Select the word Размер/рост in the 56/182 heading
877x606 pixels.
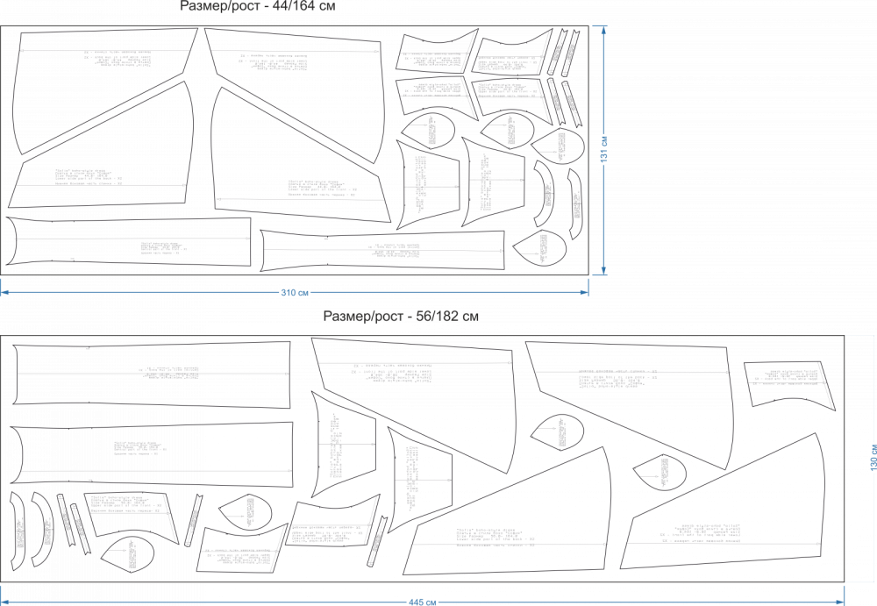click(x=361, y=315)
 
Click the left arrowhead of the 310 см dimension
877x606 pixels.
click(x=4, y=292)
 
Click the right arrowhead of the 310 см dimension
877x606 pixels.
click(x=585, y=292)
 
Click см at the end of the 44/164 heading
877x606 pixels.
click(x=327, y=6)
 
